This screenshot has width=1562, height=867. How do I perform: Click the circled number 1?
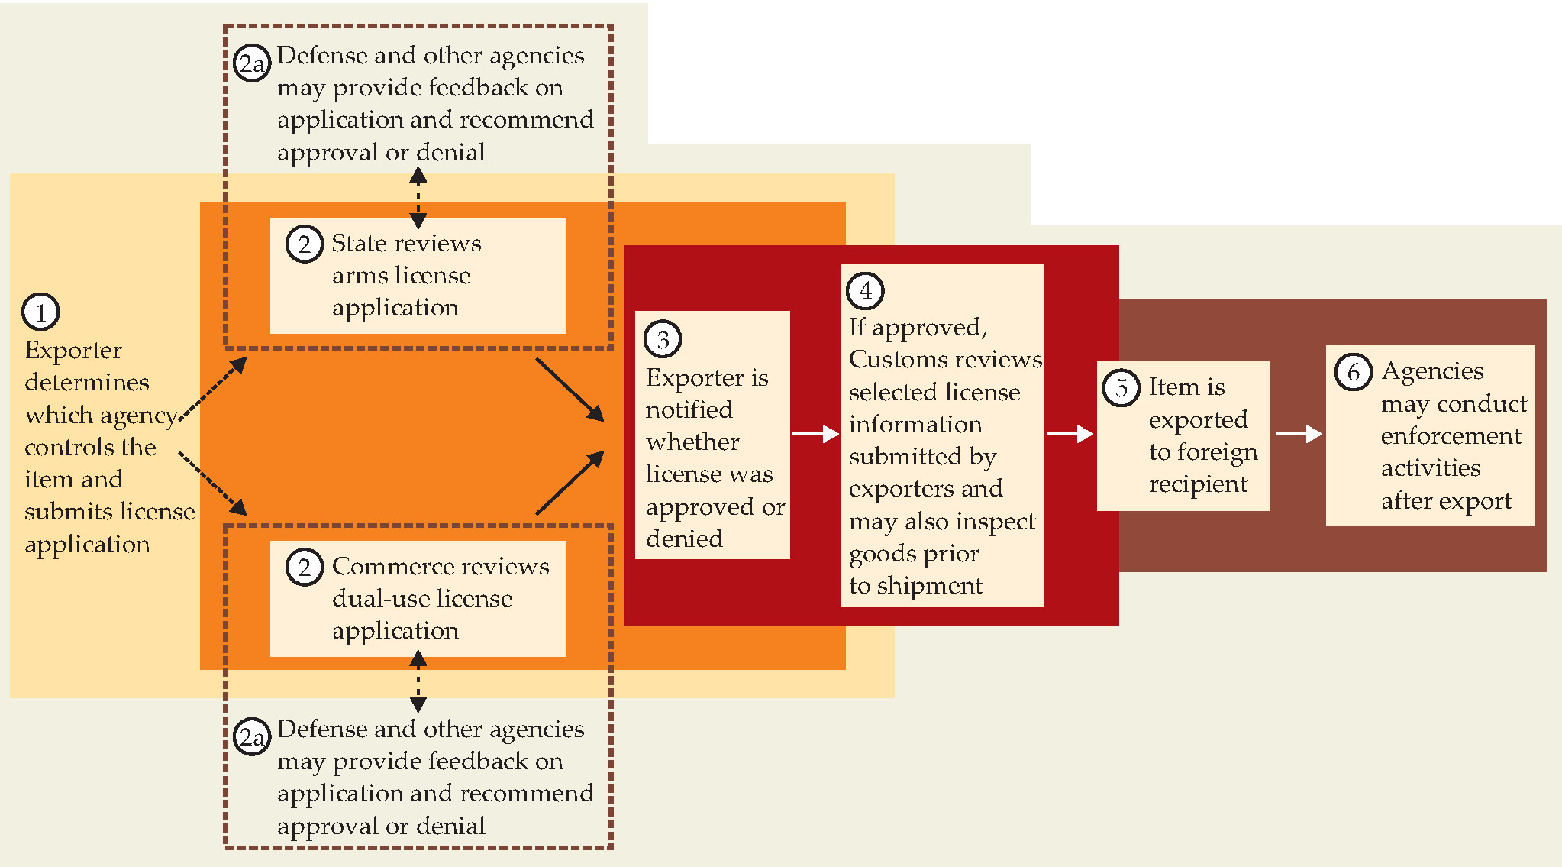click(x=40, y=312)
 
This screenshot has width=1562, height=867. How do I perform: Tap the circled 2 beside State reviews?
click(x=304, y=244)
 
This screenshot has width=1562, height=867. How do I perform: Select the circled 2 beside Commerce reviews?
click(x=304, y=568)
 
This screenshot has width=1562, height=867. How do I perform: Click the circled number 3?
click(x=663, y=339)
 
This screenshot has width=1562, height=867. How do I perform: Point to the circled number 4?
click(x=865, y=290)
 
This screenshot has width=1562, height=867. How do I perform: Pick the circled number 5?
click(x=1121, y=387)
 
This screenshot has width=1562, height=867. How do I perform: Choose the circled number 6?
click(x=1353, y=372)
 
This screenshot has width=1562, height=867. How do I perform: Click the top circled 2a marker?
click(x=252, y=63)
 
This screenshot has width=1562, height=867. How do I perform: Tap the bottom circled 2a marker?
click(x=252, y=737)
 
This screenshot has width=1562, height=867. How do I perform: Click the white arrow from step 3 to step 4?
click(x=815, y=434)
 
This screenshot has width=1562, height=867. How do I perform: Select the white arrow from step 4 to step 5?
click(x=1070, y=434)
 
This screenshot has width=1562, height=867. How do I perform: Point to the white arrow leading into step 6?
click(x=1299, y=434)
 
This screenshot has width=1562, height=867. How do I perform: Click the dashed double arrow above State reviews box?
click(x=418, y=198)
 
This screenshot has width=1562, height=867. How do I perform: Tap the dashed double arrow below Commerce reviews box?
click(x=418, y=681)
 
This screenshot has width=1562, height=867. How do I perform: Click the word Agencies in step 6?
click(x=1432, y=371)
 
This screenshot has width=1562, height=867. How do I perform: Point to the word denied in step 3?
click(x=684, y=539)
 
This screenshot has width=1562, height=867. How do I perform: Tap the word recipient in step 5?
click(x=1198, y=484)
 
